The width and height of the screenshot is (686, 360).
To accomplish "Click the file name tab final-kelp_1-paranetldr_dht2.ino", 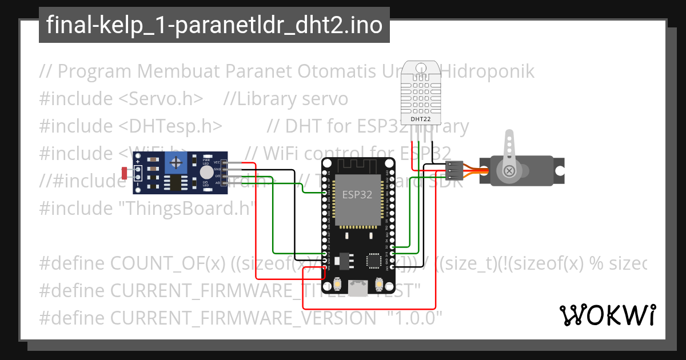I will (214, 25).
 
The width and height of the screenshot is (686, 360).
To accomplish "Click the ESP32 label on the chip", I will (357, 194).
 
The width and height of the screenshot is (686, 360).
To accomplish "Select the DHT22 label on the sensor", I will (421, 119).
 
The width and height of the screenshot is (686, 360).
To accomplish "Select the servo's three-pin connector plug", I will (453, 170).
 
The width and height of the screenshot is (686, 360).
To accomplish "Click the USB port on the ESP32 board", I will (358, 289).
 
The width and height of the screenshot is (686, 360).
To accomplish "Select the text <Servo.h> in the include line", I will (161, 99).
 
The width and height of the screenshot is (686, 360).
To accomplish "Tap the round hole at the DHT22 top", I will (421, 67).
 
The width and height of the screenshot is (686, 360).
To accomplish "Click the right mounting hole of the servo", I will (560, 170).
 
